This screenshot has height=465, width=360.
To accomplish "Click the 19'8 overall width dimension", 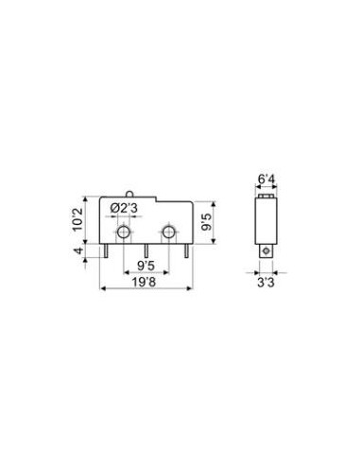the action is click(144, 282).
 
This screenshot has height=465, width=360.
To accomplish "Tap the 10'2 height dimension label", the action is click(77, 219).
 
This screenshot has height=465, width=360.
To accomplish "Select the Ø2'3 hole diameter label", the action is click(124, 209).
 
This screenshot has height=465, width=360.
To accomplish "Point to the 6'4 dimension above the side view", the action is click(266, 179).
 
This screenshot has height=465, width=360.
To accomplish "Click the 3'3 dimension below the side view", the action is click(266, 283).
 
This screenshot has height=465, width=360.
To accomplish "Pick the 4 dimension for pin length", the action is click(78, 250).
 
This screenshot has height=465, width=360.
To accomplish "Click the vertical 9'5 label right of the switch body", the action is click(207, 222).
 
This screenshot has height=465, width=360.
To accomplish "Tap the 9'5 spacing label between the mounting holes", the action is click(146, 266).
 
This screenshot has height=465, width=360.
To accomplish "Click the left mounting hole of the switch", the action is click(123, 232).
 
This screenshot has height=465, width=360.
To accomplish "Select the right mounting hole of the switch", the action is click(169, 232).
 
